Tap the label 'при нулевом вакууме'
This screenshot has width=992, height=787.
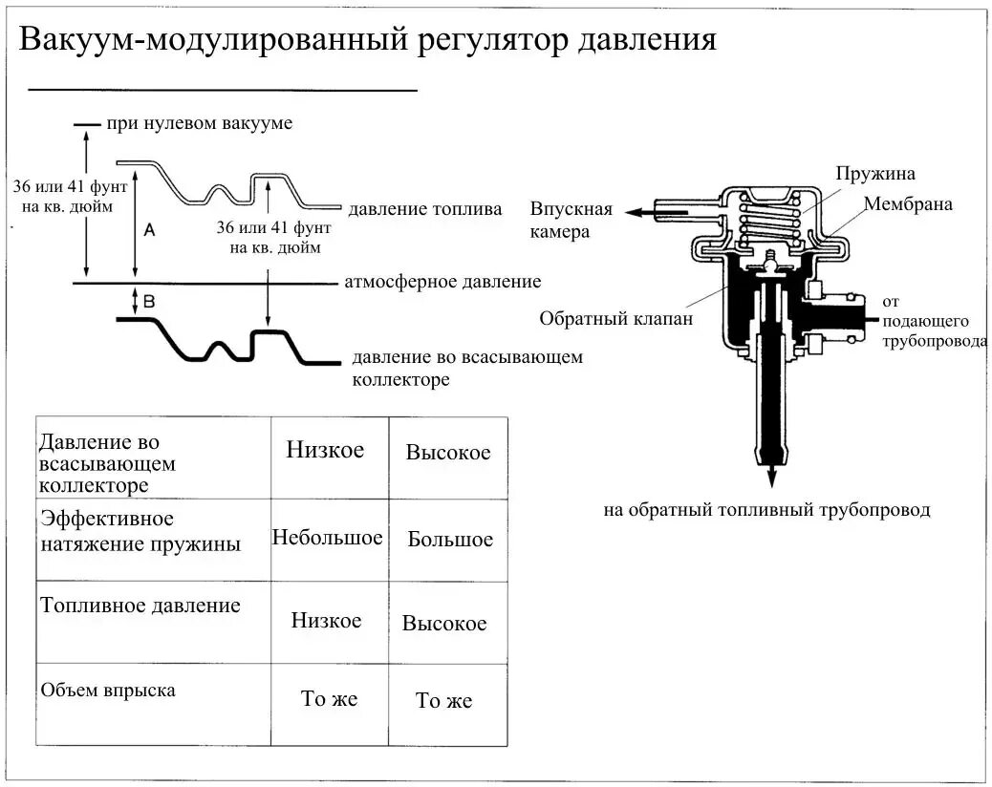point(199,123)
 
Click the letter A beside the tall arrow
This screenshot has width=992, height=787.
point(149,229)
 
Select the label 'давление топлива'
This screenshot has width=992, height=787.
point(424,209)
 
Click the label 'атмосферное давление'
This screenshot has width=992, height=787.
point(442,282)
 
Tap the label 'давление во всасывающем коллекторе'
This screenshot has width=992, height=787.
point(466,368)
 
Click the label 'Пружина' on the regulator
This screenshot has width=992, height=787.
point(875,174)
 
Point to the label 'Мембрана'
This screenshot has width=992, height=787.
point(908,204)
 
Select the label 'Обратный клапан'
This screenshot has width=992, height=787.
point(615,318)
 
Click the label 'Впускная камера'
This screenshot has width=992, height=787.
point(571,220)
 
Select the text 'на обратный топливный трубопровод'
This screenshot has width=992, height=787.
point(766,510)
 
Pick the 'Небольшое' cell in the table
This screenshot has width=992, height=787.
point(328,538)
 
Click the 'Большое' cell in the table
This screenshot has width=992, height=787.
point(450,540)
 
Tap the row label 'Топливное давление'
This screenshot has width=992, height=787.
point(140,606)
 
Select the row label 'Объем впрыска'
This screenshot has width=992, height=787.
point(107,690)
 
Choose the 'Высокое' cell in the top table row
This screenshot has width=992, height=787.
point(448,453)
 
